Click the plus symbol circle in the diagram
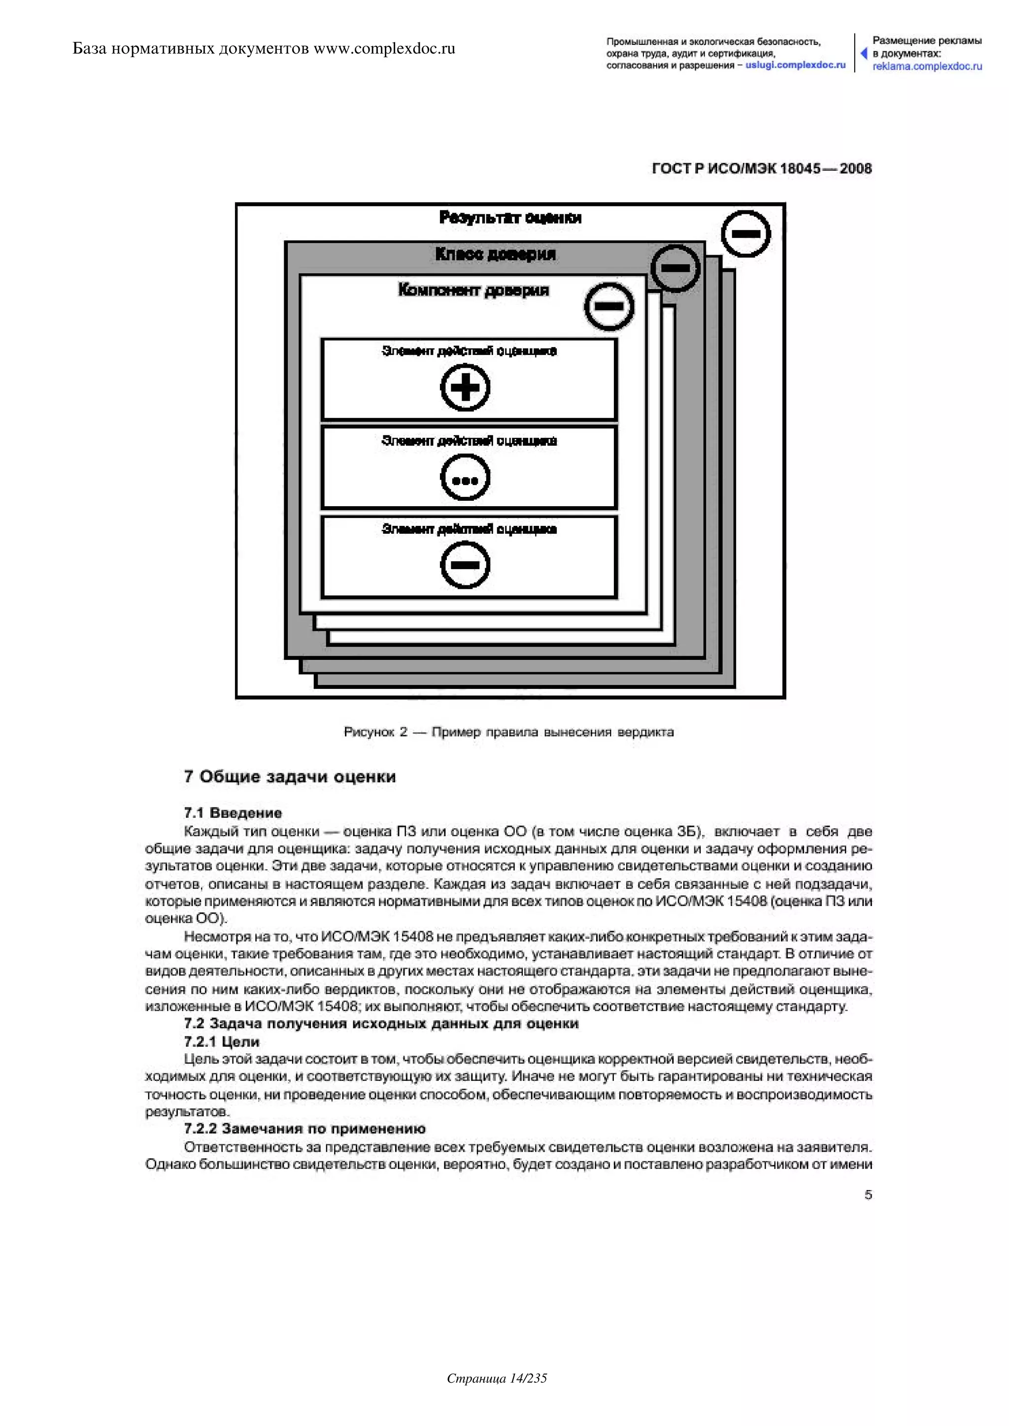pyautogui.click(x=465, y=388)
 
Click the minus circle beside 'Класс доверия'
pyautogui.click(x=675, y=268)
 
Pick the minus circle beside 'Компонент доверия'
pyautogui.click(x=609, y=306)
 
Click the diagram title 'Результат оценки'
pyautogui.click(x=510, y=217)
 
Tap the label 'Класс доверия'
pyautogui.click(x=495, y=254)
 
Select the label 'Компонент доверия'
pyautogui.click(x=473, y=290)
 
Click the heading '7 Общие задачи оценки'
pyautogui.click(x=290, y=777)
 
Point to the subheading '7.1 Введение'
pyautogui.click(x=233, y=812)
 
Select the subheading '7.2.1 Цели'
pyautogui.click(x=221, y=1041)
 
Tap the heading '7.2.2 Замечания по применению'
pyautogui.click(x=304, y=1129)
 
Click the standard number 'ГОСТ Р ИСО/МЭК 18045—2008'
pyautogui.click(x=762, y=168)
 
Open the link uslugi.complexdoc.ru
pyautogui.click(x=795, y=65)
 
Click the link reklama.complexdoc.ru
pyautogui.click(x=927, y=66)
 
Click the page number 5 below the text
pyautogui.click(x=868, y=1195)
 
